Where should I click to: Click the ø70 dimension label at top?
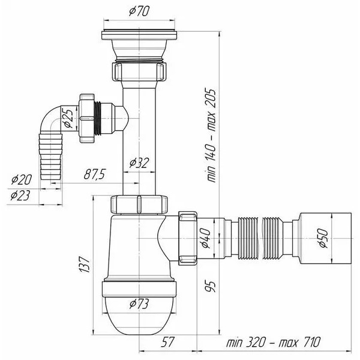(x=139, y=11)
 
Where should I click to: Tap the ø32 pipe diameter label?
(x=139, y=163)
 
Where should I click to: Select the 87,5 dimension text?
(x=94, y=174)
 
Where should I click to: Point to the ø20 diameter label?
(x=22, y=179)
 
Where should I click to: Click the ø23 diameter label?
(x=20, y=196)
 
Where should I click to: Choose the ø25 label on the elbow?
(x=69, y=118)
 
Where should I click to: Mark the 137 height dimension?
(x=83, y=264)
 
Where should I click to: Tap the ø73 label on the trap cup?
(x=139, y=304)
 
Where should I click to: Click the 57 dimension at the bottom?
(x=167, y=341)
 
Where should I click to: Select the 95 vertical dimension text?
(x=211, y=286)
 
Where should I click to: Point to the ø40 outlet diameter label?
(x=206, y=239)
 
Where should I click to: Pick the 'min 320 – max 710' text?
(x=273, y=343)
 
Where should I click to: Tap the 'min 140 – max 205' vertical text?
(x=211, y=135)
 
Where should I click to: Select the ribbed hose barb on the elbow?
(x=51, y=156)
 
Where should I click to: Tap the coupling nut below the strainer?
(x=139, y=71)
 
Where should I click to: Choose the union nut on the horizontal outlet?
(x=188, y=238)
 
